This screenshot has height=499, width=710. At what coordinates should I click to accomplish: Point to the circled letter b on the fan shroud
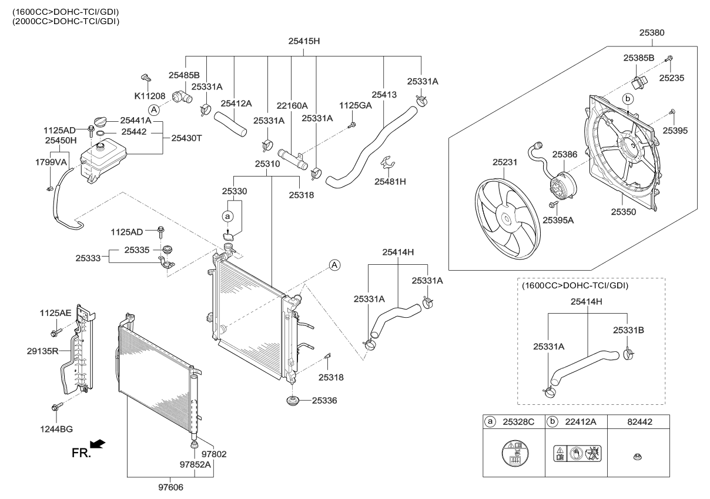pyautogui.click(x=627, y=98)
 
